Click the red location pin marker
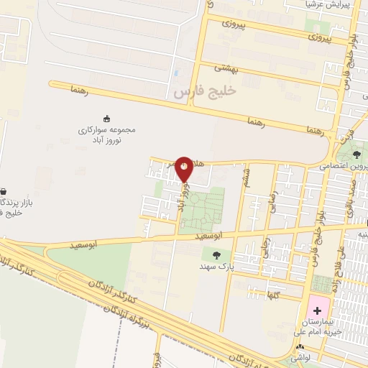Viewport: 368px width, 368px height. click(185, 169)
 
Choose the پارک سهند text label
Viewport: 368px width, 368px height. click(217, 267)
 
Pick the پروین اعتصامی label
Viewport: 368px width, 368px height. click(344, 166)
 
